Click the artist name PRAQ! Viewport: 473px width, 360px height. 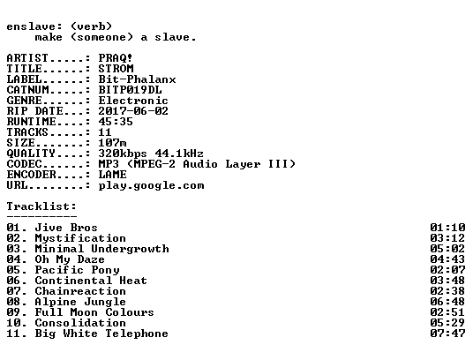click(116, 58)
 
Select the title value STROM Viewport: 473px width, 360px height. click(116, 69)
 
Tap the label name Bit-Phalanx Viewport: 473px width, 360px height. click(137, 79)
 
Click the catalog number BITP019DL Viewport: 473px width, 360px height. click(130, 90)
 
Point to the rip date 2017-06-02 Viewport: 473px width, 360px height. click(133, 111)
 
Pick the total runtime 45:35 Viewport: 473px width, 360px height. click(116, 122)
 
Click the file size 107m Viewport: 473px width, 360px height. click(112, 143)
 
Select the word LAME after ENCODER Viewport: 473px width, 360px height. click(112, 175)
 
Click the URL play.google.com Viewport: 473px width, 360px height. click(151, 185)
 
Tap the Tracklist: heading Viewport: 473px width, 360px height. click(41, 206)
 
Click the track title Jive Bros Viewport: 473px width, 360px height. click(66, 228)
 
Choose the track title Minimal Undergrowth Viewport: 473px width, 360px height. click(102, 249)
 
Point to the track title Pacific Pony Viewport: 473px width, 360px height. click(78, 270)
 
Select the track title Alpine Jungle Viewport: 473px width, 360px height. click(80, 302)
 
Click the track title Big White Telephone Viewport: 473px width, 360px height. click(101, 334)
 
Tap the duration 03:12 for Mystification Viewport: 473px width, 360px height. click(447, 238)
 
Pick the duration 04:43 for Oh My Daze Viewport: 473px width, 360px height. click(447, 259)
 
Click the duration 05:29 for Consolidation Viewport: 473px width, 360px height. click(447, 323)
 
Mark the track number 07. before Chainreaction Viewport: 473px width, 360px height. click(17, 291)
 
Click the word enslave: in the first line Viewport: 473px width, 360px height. click(34, 26)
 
